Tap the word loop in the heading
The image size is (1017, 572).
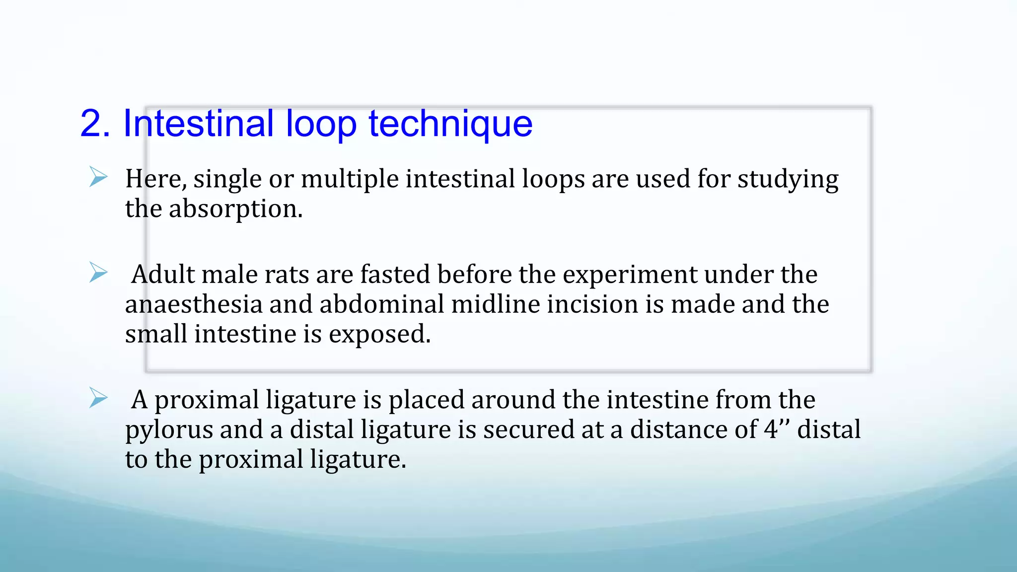[321, 124]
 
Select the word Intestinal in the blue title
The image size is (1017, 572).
[198, 124]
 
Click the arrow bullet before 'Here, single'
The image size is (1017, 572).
[98, 177]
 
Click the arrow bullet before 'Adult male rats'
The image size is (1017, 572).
[98, 273]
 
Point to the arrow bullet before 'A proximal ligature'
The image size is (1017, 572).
[98, 398]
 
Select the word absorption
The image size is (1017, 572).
[235, 209]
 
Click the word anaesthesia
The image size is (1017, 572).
[194, 304]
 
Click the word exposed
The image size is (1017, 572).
[379, 334]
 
